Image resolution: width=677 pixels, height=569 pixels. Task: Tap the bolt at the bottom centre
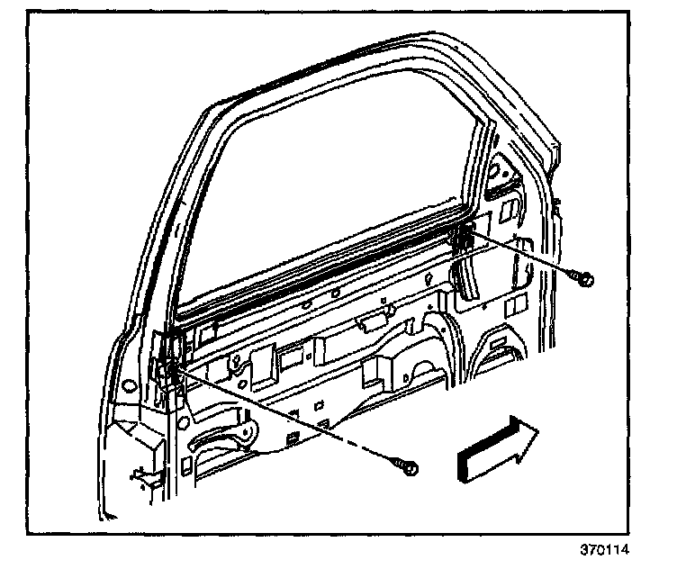click(x=408, y=467)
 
